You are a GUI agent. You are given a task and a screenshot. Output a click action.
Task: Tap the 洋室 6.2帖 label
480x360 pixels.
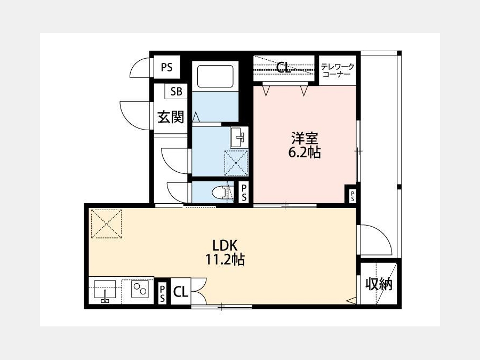tap(305, 145)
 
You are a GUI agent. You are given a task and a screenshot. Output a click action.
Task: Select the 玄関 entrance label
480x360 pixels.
tap(171, 117)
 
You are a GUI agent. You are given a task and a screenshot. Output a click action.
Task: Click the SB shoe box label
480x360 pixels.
tap(177, 91)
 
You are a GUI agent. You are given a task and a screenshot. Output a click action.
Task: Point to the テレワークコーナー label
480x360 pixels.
tap(338, 70)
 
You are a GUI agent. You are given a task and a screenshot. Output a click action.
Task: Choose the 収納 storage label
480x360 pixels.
tap(379, 284)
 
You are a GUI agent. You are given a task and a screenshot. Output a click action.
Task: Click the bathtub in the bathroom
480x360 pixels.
tap(215, 76)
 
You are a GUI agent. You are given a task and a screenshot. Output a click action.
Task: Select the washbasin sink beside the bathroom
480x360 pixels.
tap(238, 137)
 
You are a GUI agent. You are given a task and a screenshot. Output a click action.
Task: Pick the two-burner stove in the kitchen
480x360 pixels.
tap(140, 289)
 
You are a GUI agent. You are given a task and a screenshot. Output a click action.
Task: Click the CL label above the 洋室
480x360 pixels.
tap(283, 68)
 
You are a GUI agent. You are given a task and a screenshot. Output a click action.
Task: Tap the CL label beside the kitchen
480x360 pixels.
tap(181, 292)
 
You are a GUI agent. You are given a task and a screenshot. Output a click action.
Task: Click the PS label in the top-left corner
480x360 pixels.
tap(167, 67)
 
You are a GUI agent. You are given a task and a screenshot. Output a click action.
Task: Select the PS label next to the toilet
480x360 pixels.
tap(244, 193)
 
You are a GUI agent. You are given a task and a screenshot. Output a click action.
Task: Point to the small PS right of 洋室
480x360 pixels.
tap(353, 196)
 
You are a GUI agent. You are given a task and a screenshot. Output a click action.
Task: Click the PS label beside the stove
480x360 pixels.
tap(162, 293)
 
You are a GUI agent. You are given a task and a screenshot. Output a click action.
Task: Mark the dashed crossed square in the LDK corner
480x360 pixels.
tap(107, 224)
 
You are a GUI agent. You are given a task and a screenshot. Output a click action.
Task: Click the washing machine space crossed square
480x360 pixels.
tap(236, 163)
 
